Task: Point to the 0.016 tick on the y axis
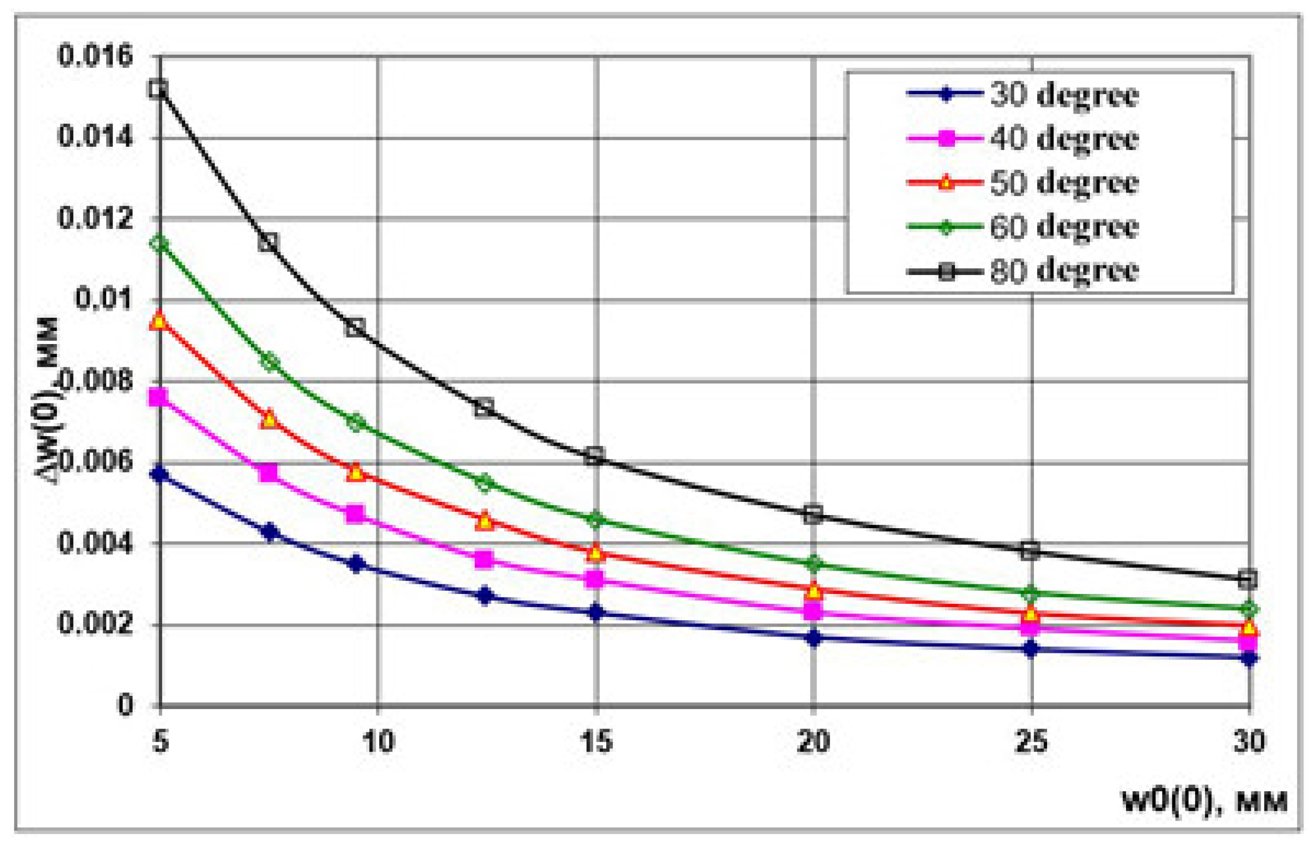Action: pos(96,56)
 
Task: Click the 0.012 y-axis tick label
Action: pos(96,219)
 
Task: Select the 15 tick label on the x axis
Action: pos(595,742)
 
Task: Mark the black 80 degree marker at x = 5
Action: pos(158,89)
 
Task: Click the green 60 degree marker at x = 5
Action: pos(159,244)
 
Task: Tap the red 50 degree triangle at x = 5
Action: pos(159,320)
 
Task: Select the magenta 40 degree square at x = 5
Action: pos(158,397)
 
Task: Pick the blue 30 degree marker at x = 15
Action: pos(595,612)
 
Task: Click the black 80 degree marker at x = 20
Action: pos(813,515)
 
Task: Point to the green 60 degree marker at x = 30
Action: pos(1249,610)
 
